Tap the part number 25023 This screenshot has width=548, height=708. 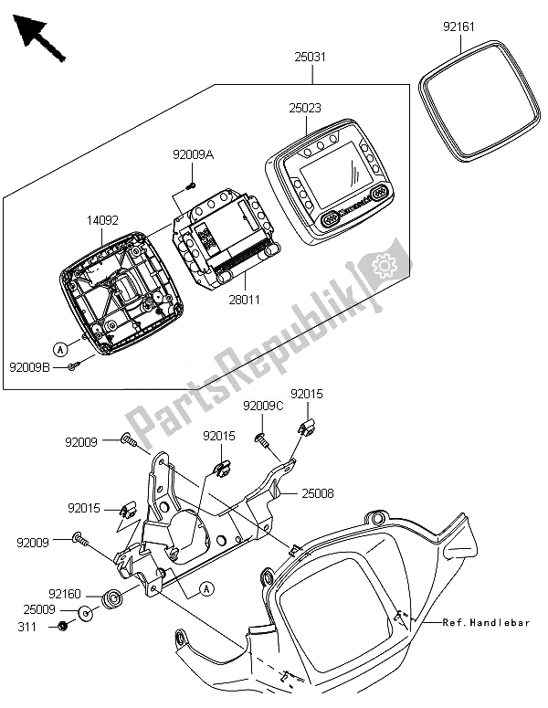306,108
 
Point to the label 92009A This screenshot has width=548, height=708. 193,155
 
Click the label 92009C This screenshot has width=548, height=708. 263,405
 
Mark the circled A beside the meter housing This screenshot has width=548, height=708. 59,348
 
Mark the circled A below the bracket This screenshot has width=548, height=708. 208,586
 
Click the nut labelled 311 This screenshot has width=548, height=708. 62,626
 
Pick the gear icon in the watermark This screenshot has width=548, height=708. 385,266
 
